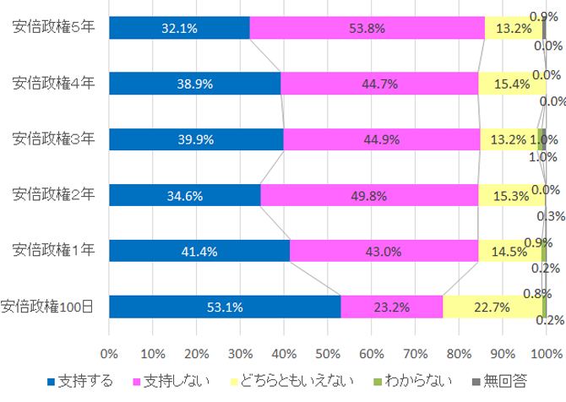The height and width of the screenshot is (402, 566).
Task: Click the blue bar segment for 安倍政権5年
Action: tap(179, 28)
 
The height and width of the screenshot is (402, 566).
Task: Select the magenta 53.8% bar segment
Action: tap(367, 28)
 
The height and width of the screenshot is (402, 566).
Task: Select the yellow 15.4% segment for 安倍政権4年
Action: tap(511, 84)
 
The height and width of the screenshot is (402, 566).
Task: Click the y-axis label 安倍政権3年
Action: tap(53, 139)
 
